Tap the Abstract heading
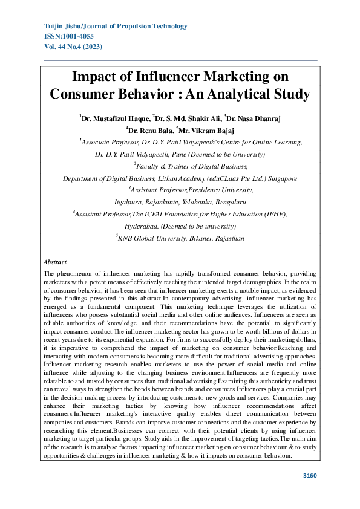tap(55, 262)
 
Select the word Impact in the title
tap(96, 77)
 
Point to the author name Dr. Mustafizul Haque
tap(114, 118)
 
